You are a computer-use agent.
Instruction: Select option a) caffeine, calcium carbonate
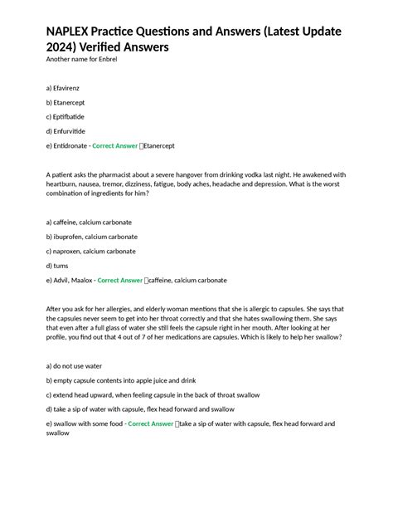click(90, 223)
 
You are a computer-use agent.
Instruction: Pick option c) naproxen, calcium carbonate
click(92, 251)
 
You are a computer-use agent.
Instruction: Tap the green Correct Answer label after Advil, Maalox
click(120, 281)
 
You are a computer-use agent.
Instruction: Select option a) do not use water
click(75, 365)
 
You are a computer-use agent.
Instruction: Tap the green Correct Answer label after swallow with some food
click(151, 423)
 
